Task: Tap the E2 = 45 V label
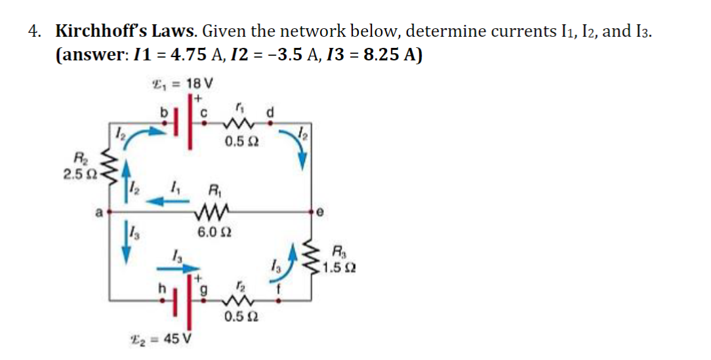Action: tap(168, 339)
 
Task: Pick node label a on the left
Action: tap(98, 212)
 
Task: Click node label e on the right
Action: tap(319, 212)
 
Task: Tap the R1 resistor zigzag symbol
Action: tap(211, 211)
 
